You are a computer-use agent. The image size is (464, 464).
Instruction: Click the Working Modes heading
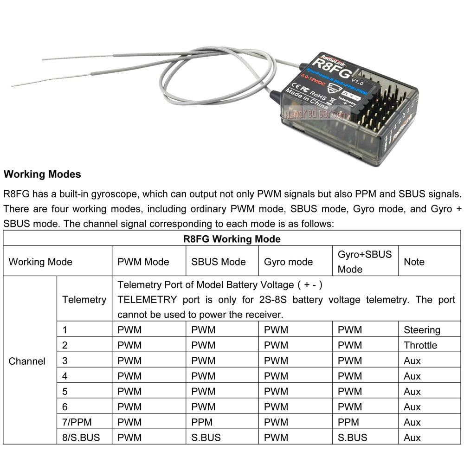click(x=42, y=174)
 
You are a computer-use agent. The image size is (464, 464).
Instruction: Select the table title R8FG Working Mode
click(x=232, y=239)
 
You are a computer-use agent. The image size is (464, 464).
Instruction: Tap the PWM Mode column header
click(x=143, y=262)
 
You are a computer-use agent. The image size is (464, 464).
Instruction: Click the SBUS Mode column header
click(x=218, y=262)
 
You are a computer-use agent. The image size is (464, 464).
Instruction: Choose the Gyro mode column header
click(x=288, y=262)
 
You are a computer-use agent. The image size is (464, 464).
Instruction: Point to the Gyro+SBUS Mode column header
click(x=365, y=262)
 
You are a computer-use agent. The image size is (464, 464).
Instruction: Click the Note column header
click(x=414, y=262)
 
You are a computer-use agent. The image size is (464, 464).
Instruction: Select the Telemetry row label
click(x=84, y=300)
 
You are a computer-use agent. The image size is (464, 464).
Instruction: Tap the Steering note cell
click(x=422, y=330)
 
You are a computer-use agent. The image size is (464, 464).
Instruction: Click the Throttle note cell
click(x=420, y=345)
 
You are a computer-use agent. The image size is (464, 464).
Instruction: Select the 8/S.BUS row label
click(x=81, y=438)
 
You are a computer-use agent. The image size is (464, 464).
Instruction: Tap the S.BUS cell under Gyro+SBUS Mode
click(x=352, y=438)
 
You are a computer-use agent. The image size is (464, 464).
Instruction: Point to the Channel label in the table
click(x=27, y=361)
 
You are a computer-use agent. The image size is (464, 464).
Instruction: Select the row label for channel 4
click(x=65, y=376)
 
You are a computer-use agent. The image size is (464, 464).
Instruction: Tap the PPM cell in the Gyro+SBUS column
click(x=348, y=422)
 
